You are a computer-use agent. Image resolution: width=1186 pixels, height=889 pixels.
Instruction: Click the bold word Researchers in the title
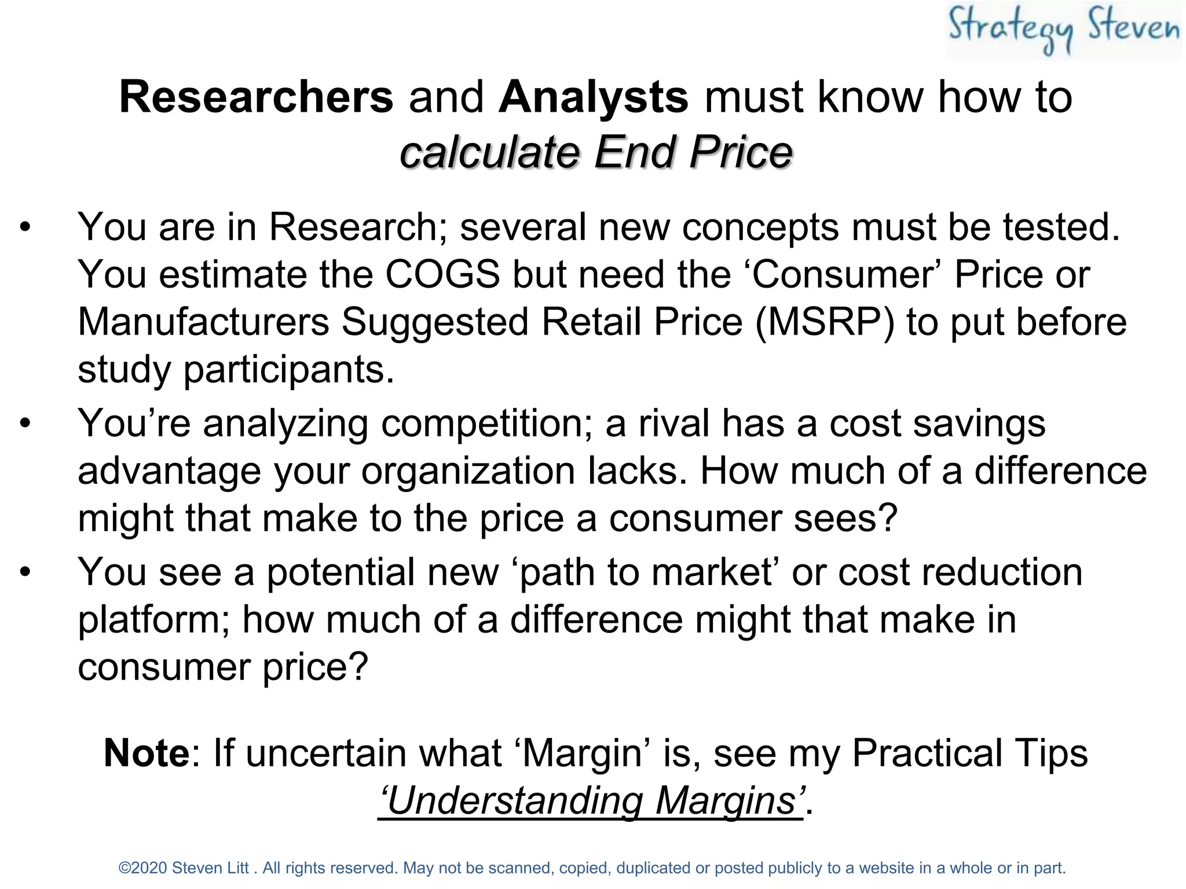(256, 97)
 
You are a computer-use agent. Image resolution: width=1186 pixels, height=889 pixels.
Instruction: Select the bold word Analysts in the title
(594, 97)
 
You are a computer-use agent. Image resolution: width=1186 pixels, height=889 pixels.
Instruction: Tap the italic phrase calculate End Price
(596, 152)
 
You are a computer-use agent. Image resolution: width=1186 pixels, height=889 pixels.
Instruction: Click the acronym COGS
(442, 274)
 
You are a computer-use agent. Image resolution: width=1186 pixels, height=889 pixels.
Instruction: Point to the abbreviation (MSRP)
(825, 322)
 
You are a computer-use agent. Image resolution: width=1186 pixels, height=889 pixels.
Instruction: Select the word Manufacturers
(203, 322)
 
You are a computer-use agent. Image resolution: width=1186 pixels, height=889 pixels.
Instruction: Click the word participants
(288, 369)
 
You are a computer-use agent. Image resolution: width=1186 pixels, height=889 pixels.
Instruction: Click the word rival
(674, 424)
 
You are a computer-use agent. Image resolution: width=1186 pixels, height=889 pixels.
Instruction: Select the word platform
(153, 620)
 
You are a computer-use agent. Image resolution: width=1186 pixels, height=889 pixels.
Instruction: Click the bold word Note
(147, 753)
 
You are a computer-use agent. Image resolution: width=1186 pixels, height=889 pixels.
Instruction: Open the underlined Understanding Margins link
(591, 801)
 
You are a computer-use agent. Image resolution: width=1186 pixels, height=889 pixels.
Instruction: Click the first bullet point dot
(24, 227)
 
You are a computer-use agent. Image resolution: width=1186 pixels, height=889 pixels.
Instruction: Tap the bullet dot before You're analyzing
(24, 424)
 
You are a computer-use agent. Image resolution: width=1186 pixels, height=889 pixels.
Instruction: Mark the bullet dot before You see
(24, 572)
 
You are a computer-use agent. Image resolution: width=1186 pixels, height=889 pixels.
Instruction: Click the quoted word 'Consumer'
(847, 274)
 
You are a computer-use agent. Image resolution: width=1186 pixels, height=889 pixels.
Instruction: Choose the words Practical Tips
(969, 753)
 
